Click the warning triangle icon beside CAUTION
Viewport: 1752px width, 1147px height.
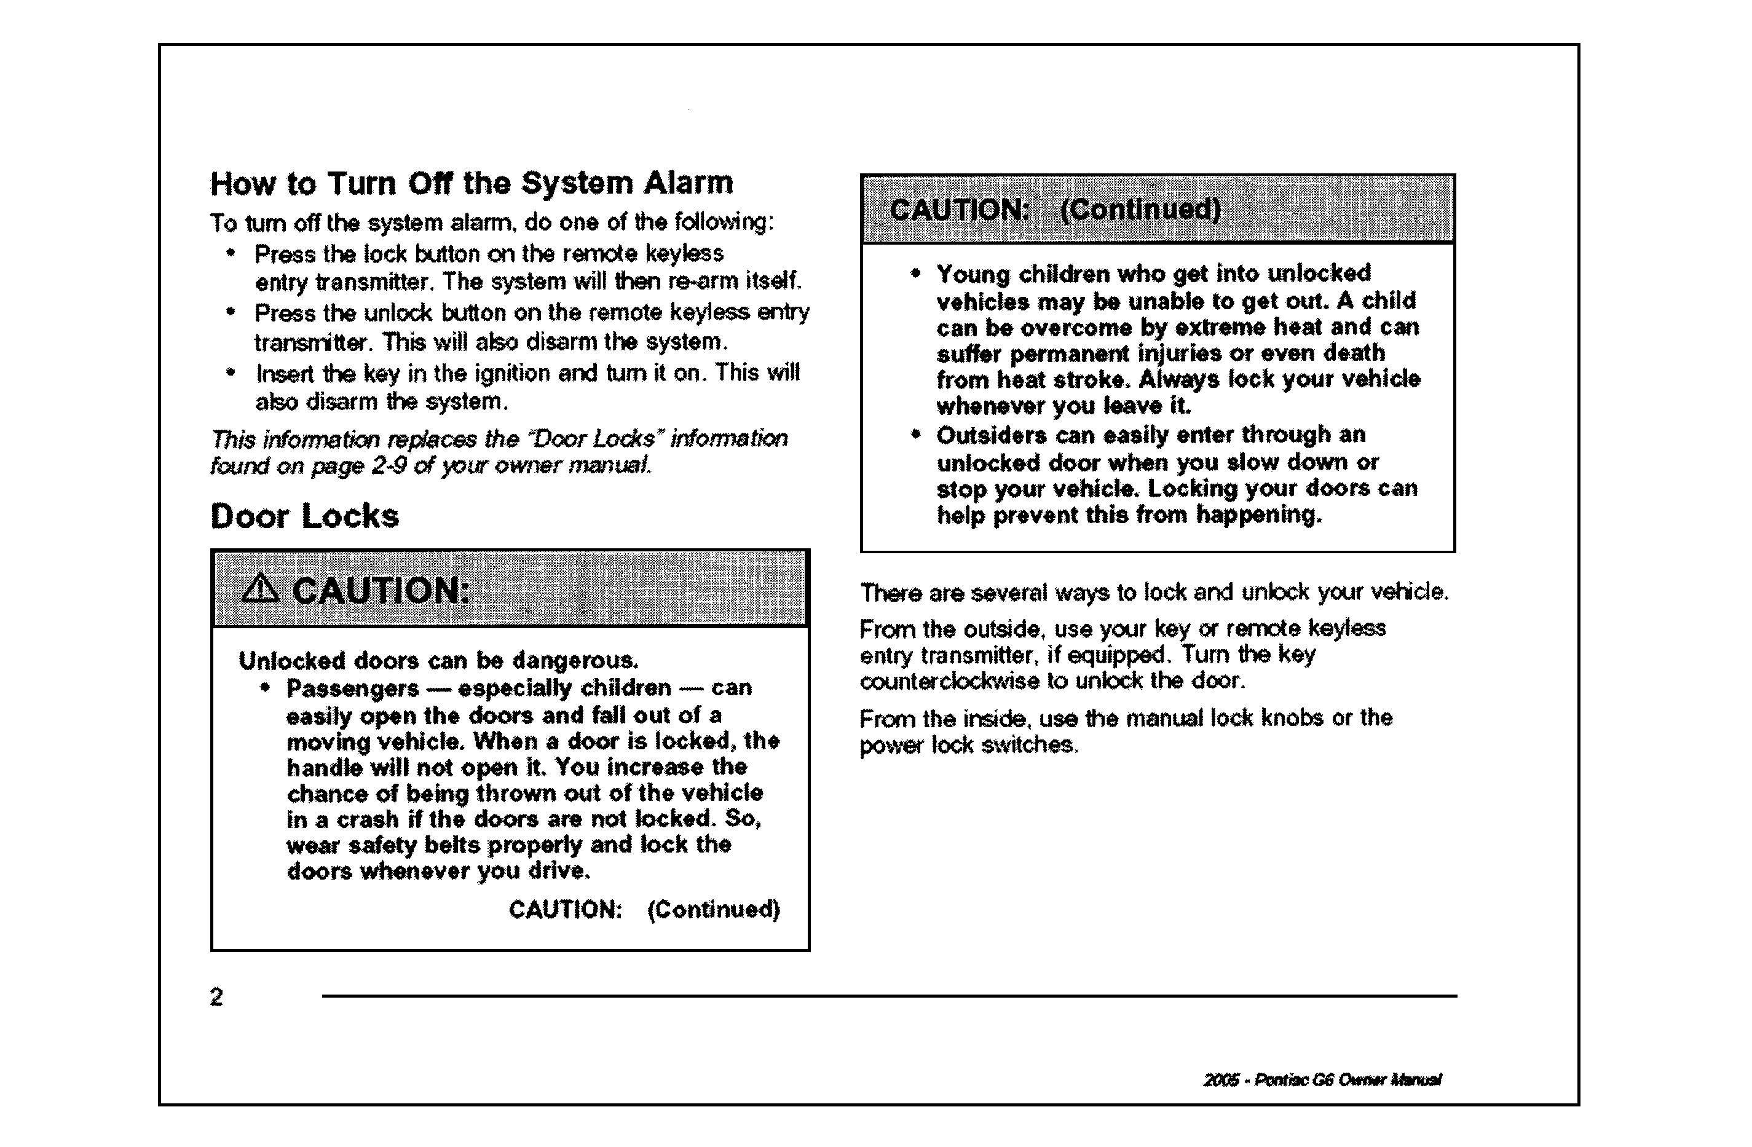[x=260, y=589]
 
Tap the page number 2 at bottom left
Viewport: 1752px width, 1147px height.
[x=216, y=997]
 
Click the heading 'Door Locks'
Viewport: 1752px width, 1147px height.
[x=305, y=516]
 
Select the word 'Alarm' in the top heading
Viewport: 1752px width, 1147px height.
[x=689, y=183]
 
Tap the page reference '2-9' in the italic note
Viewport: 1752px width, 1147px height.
[x=389, y=466]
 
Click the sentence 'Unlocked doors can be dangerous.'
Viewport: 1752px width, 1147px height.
[x=439, y=660]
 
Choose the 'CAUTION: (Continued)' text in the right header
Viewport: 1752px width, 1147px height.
[x=1055, y=210]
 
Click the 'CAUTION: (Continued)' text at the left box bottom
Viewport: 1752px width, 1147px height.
[x=644, y=910]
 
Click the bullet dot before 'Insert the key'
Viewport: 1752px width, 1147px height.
[x=231, y=372]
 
